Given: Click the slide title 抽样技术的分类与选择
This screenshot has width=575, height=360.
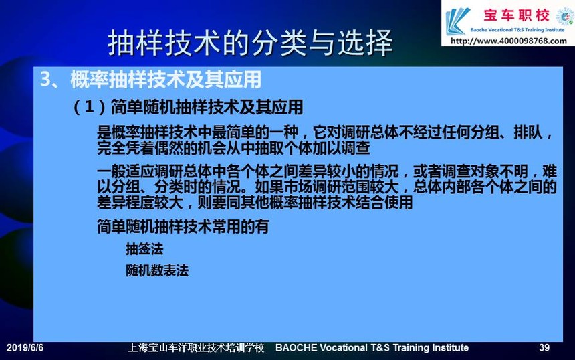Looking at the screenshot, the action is [x=251, y=43].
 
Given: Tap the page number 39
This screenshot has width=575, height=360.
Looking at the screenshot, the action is [x=544, y=347].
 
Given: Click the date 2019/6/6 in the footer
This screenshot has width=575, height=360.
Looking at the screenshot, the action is [x=25, y=347].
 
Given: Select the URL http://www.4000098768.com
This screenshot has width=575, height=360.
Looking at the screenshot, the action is [x=509, y=41].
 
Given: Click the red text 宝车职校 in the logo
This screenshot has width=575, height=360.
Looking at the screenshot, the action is [x=517, y=15].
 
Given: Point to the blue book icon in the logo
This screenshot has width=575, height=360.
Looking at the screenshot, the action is [x=457, y=21].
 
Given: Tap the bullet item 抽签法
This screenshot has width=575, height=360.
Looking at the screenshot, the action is [x=144, y=249].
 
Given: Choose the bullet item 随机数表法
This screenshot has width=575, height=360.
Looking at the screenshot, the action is [x=157, y=270].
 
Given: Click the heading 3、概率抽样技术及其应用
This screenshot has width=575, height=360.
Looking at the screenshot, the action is [x=150, y=79].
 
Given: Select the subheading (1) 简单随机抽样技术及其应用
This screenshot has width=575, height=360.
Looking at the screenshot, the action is [x=188, y=107].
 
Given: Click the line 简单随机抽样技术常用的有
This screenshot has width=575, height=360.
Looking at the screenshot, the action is [x=183, y=226].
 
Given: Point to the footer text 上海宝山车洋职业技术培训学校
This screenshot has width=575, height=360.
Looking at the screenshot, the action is [x=196, y=347].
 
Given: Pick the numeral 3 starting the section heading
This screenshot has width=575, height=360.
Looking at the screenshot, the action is [x=45, y=79].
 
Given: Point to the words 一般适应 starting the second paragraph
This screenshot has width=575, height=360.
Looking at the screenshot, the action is [x=126, y=171].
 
